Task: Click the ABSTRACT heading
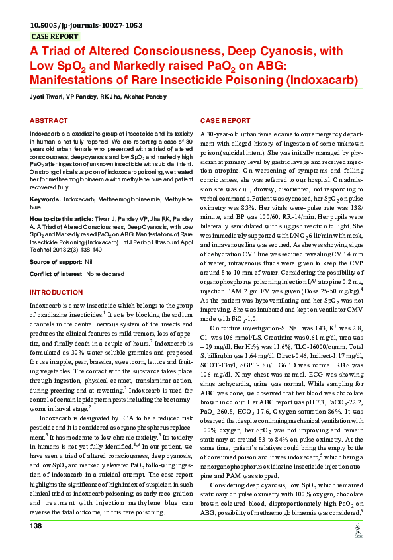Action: pos(48,121)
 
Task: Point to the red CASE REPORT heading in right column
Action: pos(226,121)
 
